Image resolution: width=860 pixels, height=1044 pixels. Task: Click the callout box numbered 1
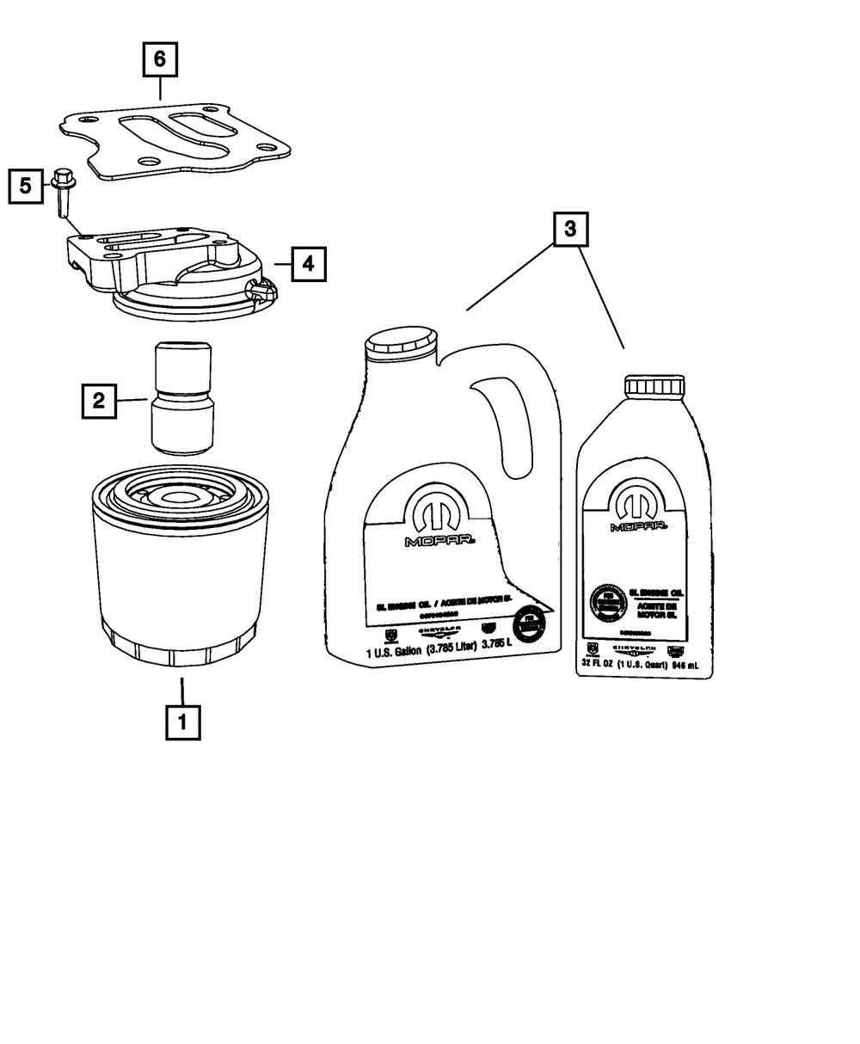pos(182,722)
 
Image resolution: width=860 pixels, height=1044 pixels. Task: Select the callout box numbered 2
pos(99,400)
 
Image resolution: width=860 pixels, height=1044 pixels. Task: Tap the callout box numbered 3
pos(571,230)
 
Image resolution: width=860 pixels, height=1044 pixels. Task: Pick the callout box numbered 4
pos(308,264)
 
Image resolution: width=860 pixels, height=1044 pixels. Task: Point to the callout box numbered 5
pos(26,185)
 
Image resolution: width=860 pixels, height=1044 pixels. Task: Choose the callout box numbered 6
pos(160,60)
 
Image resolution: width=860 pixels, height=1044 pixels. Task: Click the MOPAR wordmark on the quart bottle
pos(639,526)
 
